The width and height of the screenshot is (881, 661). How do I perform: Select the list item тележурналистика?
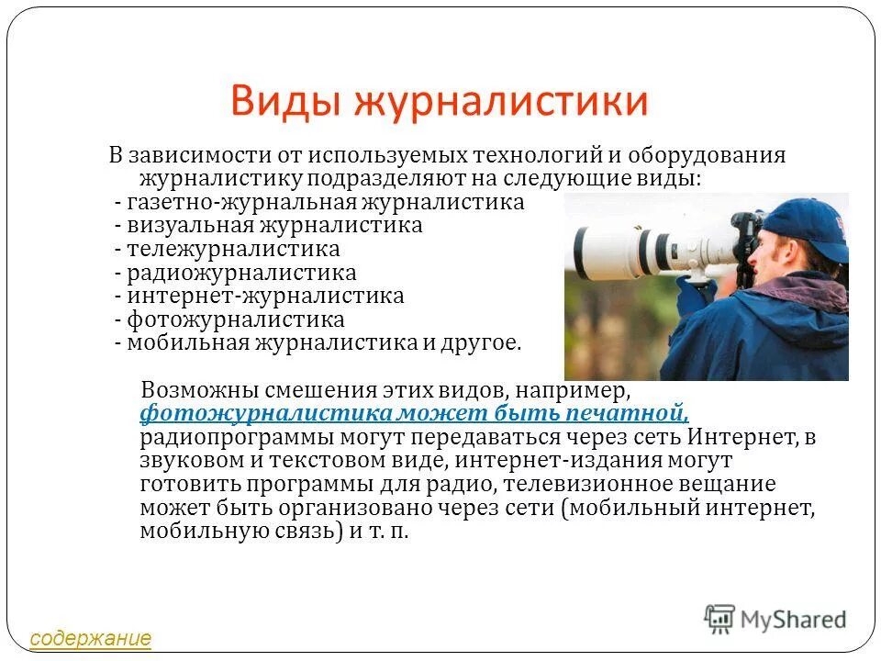[233, 249]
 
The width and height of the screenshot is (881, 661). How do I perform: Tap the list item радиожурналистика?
[241, 273]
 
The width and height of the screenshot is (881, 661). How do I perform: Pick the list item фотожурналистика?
[236, 319]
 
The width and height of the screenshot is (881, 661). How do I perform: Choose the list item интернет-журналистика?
[265, 296]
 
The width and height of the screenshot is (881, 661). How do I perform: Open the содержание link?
[90, 637]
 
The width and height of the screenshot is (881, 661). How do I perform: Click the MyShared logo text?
[793, 620]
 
